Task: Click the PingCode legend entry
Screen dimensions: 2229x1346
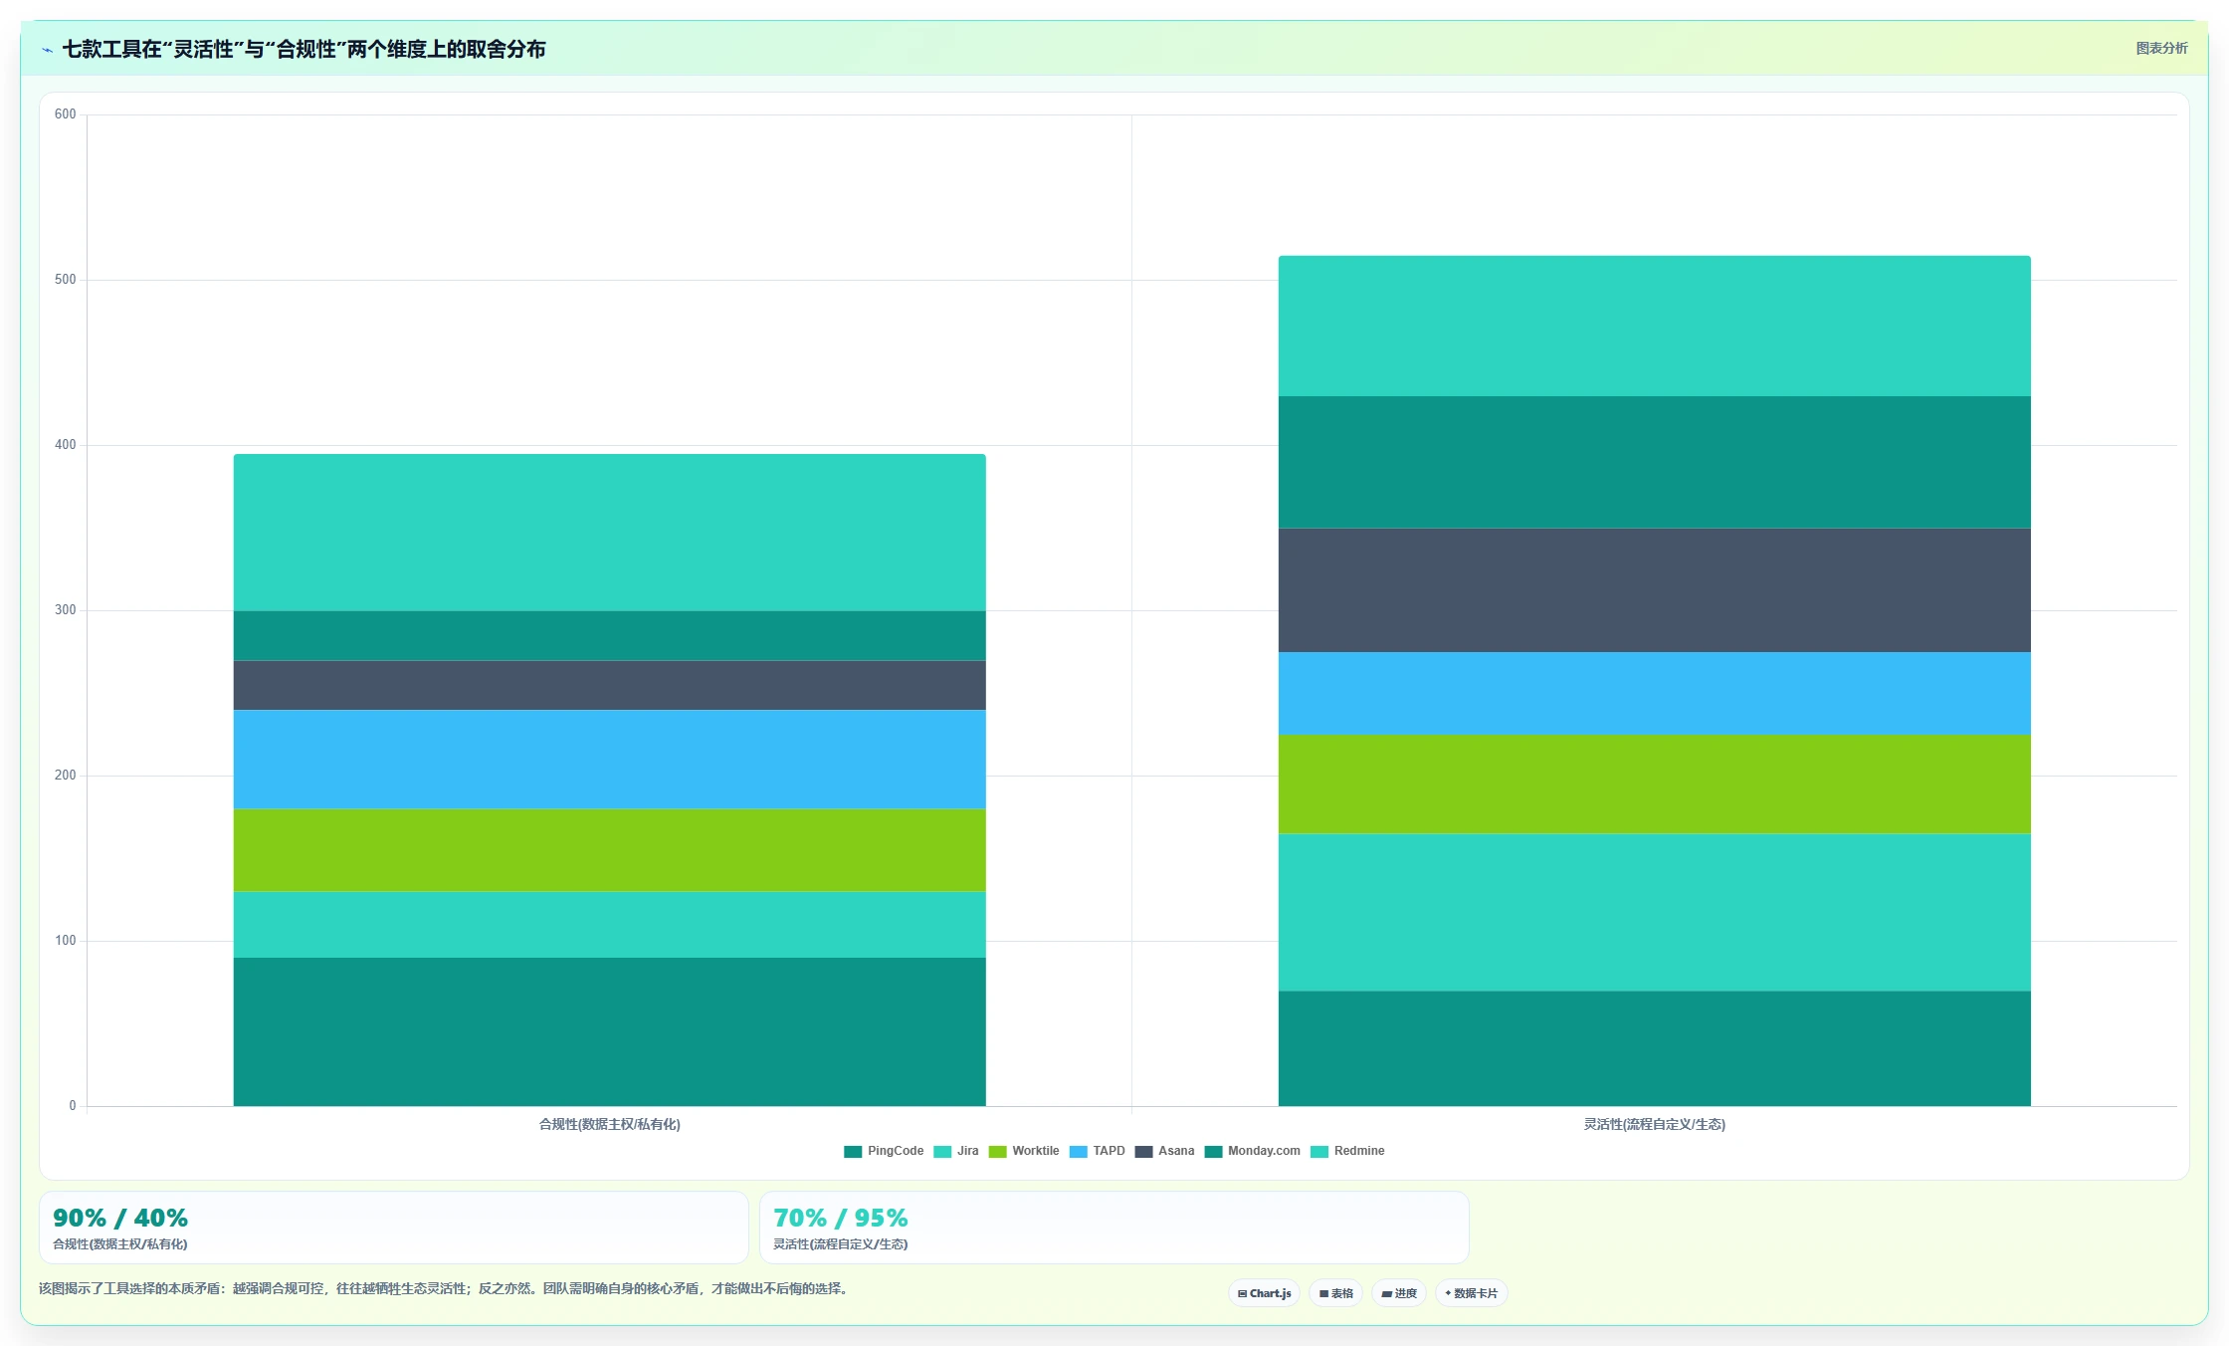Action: (884, 1151)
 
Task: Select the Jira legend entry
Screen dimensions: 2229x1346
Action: (956, 1151)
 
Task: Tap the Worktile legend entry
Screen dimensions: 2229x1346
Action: (1024, 1151)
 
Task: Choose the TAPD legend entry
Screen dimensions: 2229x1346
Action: (1098, 1151)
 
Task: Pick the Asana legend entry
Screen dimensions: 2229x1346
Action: (1165, 1151)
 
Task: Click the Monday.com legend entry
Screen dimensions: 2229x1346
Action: (1253, 1151)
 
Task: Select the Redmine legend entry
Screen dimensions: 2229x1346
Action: (1348, 1151)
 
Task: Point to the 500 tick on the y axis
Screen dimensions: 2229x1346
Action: (66, 280)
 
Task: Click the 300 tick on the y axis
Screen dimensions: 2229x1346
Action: (66, 610)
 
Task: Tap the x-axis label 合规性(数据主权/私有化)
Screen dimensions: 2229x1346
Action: (610, 1124)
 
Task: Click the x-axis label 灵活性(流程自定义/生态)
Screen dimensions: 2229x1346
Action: (1655, 1124)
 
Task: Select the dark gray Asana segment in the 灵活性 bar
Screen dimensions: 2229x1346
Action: (1655, 590)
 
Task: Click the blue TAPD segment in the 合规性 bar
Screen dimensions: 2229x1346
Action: (610, 760)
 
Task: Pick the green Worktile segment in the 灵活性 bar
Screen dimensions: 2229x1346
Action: (1655, 785)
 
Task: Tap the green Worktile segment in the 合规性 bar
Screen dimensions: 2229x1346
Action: (610, 850)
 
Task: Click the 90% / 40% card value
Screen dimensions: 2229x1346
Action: (120, 1218)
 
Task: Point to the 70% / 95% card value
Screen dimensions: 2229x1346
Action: (841, 1218)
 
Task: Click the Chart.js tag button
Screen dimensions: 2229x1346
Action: (1264, 1293)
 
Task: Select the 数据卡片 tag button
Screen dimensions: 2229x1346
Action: (1471, 1293)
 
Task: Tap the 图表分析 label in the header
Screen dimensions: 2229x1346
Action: (2161, 48)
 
